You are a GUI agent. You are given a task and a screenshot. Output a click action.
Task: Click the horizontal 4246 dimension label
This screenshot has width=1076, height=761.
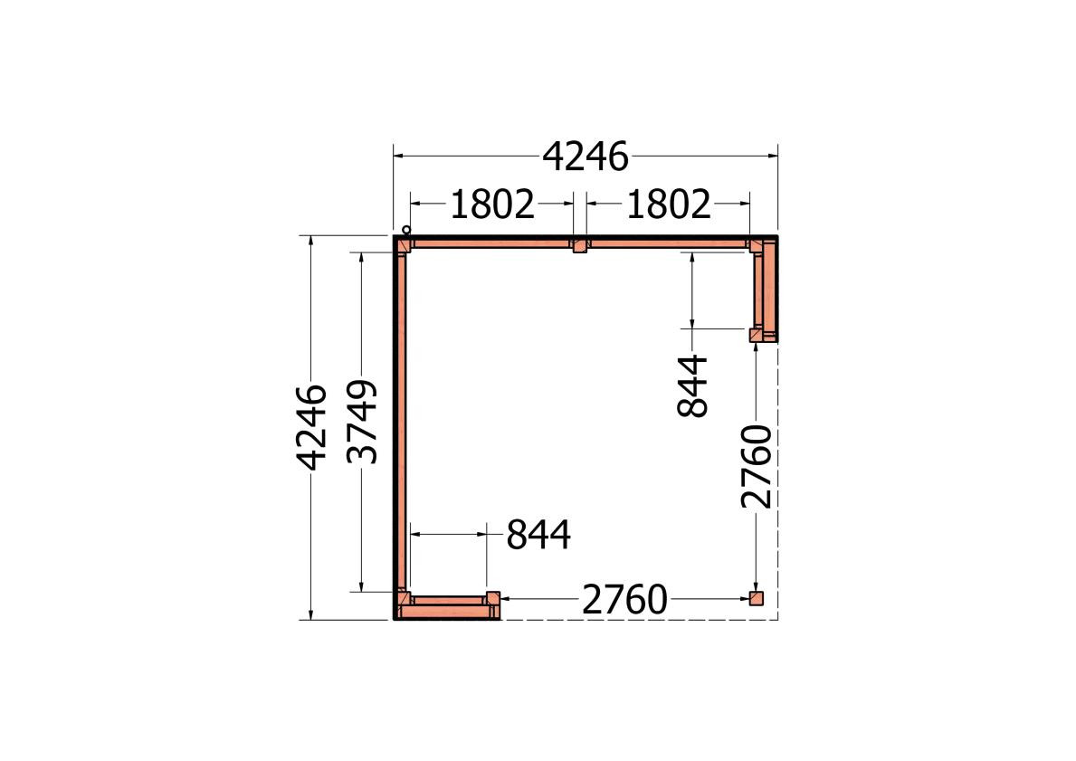tap(586, 157)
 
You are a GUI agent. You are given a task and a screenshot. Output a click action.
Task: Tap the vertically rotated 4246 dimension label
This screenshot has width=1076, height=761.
tap(311, 427)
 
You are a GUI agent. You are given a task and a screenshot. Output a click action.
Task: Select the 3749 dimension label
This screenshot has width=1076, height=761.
tap(362, 422)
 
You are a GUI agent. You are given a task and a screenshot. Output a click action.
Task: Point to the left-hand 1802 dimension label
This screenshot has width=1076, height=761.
tap(492, 205)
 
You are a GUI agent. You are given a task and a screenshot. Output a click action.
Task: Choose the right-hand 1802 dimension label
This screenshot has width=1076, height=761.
tap(669, 205)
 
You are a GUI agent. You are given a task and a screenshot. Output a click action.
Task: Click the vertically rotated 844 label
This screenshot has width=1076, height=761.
tap(691, 385)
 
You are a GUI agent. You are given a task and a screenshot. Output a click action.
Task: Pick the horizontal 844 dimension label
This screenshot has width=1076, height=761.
tap(538, 536)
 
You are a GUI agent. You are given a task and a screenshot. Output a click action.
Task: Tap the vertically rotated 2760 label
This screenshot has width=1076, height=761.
tap(757, 467)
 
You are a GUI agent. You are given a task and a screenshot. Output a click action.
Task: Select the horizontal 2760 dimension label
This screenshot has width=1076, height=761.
tap(624, 600)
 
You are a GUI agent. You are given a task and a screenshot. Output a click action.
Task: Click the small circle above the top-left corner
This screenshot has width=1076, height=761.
tap(406, 230)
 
